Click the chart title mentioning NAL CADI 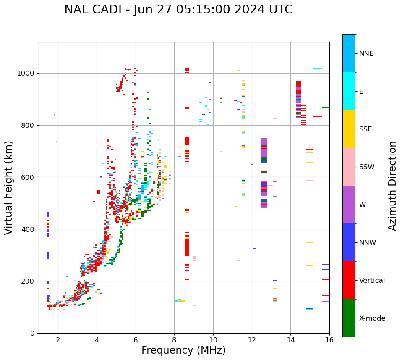pos(178,10)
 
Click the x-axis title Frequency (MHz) pos(183,350)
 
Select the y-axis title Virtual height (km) pos(9,188)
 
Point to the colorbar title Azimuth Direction pos(392,186)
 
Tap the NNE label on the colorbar pos(366,54)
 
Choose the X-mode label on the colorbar pos(372,318)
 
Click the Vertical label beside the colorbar pos(372,281)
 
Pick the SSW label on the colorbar pos(367,167)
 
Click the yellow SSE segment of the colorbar pos(349,129)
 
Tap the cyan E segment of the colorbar pos(349,91)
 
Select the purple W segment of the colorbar pos(349,205)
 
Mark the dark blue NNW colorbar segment pos(349,242)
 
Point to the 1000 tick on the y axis pos(27,74)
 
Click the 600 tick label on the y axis pos(29,177)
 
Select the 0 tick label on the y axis pos(32,333)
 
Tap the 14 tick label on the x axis pos(291,340)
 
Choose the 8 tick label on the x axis pos(174,340)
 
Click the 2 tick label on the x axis pos(58,340)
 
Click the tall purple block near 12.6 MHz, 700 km pos(264,145)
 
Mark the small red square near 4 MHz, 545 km pos(99,192)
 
